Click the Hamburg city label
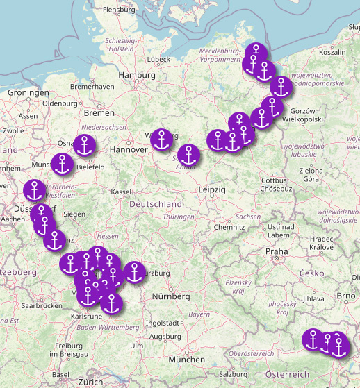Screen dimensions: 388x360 (x=136, y=75)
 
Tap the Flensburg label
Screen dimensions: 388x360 (x=118, y=10)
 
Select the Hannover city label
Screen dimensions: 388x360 (x=129, y=149)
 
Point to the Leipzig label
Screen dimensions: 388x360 (x=212, y=189)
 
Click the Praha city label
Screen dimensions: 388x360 (x=276, y=251)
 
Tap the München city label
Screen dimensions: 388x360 (x=191, y=360)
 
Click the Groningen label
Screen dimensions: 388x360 (x=28, y=92)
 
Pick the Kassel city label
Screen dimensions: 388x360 (x=121, y=192)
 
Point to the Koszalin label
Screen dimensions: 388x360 (x=332, y=52)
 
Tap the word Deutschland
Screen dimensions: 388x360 (x=156, y=204)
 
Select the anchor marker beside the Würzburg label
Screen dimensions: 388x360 (x=134, y=273)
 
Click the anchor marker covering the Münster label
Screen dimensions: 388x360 (x=63, y=165)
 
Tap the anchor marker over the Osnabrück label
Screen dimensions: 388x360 (x=84, y=146)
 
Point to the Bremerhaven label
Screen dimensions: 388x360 (x=92, y=86)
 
